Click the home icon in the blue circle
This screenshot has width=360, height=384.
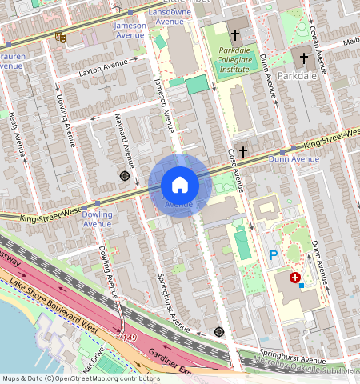tap(179, 185)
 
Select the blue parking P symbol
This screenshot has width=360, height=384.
tap(273, 256)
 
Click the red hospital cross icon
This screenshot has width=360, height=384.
tap(295, 278)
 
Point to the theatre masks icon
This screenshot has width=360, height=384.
tap(61, 37)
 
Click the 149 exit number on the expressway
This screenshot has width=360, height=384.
tap(130, 339)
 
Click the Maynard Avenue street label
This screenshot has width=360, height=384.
tap(125, 133)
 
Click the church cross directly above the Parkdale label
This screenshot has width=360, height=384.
tap(303, 58)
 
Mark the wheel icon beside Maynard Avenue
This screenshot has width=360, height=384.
tap(125, 175)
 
